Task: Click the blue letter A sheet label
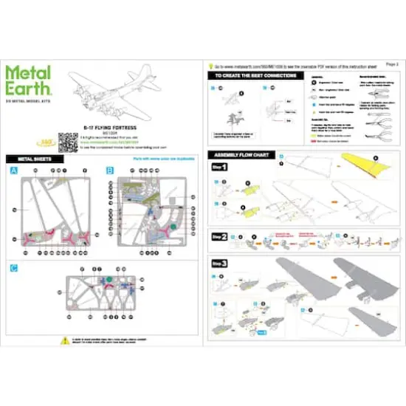(x=13, y=171)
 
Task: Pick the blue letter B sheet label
(x=110, y=171)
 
